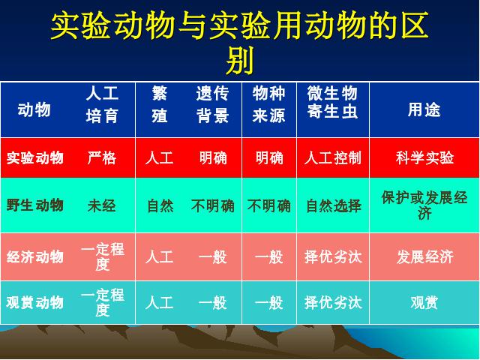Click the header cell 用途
point(424,110)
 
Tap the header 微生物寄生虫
point(332,102)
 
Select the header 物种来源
point(268,104)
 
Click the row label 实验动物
point(35,158)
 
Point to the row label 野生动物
point(35,205)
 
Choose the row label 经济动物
point(35,256)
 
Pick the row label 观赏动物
point(35,302)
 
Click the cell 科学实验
point(424,158)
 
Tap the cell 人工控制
point(333,158)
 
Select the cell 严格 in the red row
point(102,158)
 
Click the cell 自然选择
point(334,205)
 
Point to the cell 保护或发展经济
point(424,205)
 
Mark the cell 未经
point(102,205)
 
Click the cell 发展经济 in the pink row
point(424,256)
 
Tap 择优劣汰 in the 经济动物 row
point(333,256)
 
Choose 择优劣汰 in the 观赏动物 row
point(333,302)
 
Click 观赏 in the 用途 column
point(424,302)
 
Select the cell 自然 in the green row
point(160,205)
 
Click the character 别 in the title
point(240,61)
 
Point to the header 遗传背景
point(212,104)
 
